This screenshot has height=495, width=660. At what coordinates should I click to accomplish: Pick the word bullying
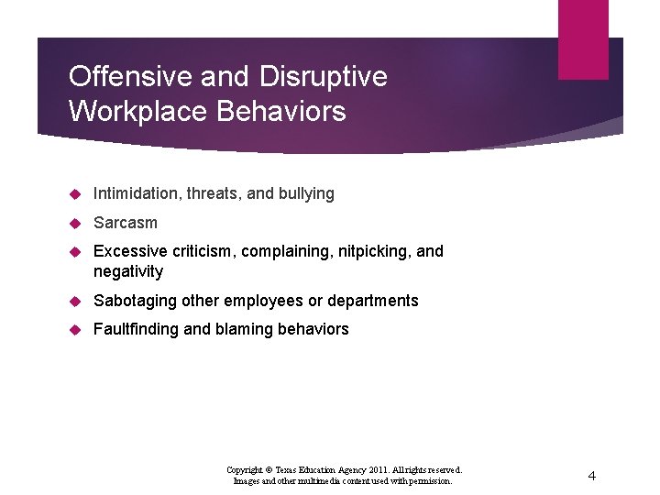(306, 193)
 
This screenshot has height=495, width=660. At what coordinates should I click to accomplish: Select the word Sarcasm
(126, 223)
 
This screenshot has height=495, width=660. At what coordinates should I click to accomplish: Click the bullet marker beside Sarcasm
(77, 223)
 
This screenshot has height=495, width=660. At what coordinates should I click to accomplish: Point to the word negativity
(128, 271)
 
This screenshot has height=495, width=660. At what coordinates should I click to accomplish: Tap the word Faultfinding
(137, 329)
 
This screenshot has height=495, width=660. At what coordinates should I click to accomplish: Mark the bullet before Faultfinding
(77, 329)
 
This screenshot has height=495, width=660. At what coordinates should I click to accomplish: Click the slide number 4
(591, 476)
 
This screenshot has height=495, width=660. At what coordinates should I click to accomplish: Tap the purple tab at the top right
(583, 38)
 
